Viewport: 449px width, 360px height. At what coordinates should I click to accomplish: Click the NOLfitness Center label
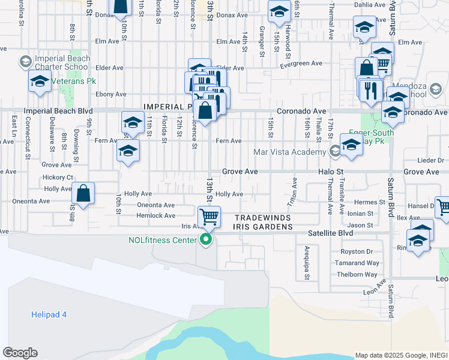click(x=163, y=241)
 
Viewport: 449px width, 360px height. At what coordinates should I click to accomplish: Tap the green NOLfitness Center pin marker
click(x=206, y=241)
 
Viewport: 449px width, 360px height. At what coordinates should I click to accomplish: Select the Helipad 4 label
click(x=49, y=314)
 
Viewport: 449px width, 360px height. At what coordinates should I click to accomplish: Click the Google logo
click(x=20, y=353)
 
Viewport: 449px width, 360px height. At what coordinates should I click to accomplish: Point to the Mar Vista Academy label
click(x=290, y=152)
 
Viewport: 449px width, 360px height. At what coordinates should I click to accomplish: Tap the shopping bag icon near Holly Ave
click(x=83, y=193)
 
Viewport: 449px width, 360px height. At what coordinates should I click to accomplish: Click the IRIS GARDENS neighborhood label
click(x=264, y=227)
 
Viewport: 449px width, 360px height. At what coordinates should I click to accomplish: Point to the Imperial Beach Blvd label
click(x=58, y=112)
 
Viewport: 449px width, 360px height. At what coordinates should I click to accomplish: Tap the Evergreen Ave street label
click(x=300, y=64)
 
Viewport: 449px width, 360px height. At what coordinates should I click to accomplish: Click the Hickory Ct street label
click(x=58, y=178)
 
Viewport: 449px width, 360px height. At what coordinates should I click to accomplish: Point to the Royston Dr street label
click(x=357, y=252)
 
